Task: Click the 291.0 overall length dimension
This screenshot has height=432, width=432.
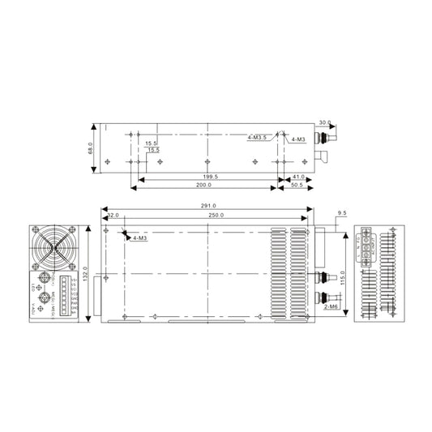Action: (x=207, y=207)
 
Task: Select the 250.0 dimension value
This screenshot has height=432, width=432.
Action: (x=216, y=216)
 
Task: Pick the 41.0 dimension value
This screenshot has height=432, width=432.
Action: (x=298, y=176)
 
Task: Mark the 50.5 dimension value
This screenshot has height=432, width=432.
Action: (x=297, y=186)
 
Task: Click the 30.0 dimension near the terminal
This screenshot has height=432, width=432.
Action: (x=325, y=123)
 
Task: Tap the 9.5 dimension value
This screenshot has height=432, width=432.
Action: (x=341, y=214)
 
